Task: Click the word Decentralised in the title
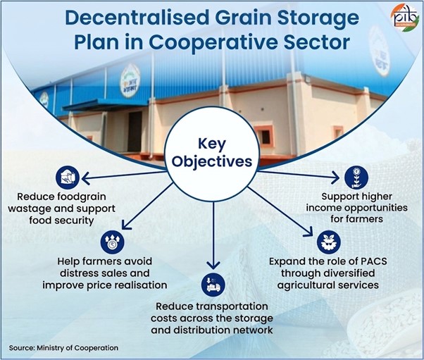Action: [135, 18]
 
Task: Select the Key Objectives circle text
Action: [212, 153]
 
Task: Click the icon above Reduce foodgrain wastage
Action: [68, 178]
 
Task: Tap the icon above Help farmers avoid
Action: [112, 242]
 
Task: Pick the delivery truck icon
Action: [213, 285]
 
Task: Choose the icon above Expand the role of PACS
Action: [328, 242]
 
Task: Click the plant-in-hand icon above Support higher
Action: [356, 178]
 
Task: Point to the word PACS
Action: [374, 261]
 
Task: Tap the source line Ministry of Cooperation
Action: [63, 348]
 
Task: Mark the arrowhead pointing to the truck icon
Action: [213, 265]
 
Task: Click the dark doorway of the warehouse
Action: [135, 132]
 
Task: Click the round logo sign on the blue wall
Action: [130, 80]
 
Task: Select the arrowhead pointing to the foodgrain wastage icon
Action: [86, 178]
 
